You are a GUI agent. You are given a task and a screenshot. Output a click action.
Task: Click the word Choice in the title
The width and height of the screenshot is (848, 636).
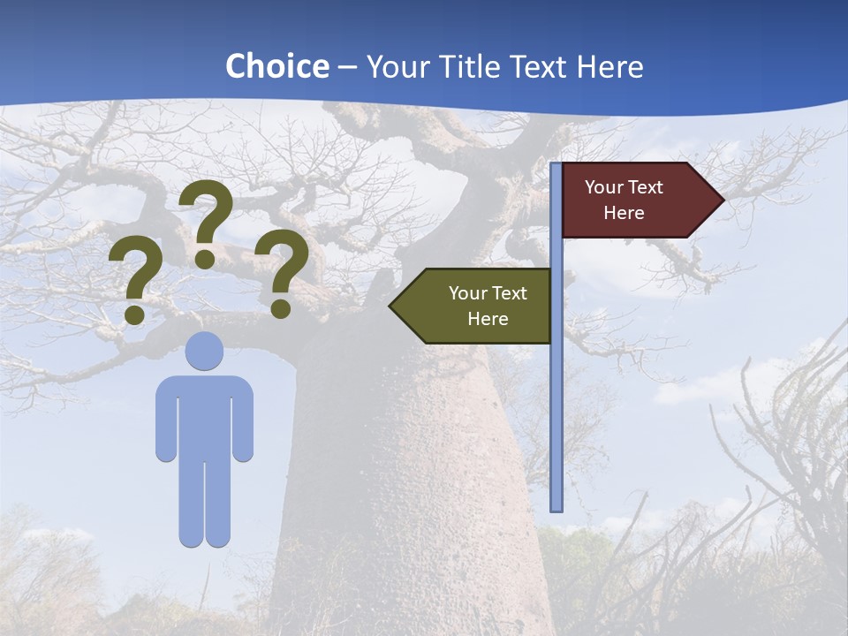click(276, 66)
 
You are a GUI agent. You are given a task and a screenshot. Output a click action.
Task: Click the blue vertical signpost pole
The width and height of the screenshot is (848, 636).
click(556, 397)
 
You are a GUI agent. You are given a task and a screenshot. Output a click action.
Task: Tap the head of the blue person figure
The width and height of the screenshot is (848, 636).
click(204, 351)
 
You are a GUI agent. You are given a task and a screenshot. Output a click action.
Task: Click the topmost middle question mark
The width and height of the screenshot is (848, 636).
click(206, 212)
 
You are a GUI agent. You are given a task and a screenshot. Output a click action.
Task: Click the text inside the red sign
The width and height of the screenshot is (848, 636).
click(624, 200)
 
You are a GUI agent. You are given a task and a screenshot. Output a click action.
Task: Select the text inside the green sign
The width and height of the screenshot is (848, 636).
click(488, 306)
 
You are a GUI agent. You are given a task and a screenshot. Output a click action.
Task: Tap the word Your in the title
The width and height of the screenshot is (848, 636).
click(395, 66)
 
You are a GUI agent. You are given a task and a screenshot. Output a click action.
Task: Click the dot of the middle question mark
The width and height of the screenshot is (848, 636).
click(205, 258)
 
